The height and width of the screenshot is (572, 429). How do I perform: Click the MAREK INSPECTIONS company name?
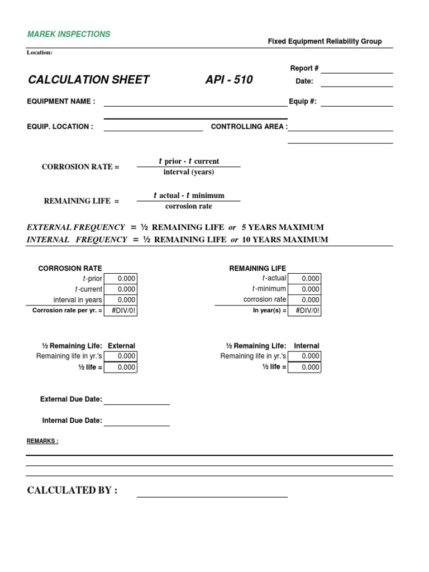point(69,34)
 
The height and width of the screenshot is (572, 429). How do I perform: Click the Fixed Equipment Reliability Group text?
point(325,41)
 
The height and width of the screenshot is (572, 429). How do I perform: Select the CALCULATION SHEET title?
point(89,80)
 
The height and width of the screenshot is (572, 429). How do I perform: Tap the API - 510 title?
point(229,80)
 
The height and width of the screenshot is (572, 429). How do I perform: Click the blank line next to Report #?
point(356,69)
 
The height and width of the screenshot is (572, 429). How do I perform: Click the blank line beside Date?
point(356,83)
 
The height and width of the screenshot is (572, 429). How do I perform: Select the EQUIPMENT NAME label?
point(61,102)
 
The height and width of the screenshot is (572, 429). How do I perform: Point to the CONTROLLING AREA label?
point(249,127)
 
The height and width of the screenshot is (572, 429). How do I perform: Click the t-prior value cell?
point(120,279)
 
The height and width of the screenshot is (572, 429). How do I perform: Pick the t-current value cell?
point(120,289)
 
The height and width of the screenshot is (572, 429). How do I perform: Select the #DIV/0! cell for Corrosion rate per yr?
point(120,311)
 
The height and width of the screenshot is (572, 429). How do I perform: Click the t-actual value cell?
point(304,279)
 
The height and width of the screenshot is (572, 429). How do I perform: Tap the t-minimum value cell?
point(304,289)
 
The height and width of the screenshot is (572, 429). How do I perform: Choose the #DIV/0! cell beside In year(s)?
point(304,311)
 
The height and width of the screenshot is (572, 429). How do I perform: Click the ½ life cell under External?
point(120,368)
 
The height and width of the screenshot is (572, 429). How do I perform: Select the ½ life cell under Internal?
point(304,368)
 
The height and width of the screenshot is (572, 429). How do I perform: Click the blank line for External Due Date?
point(137,401)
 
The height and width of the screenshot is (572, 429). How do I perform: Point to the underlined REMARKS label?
point(42,441)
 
